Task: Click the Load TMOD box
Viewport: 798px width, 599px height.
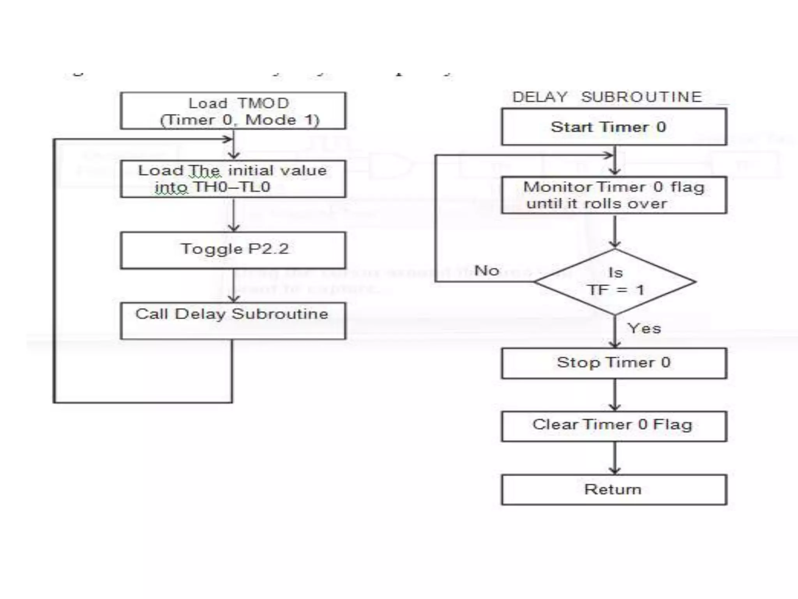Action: pos(233,111)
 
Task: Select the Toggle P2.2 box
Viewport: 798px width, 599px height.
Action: pos(233,250)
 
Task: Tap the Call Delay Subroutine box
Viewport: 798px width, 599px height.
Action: pos(233,321)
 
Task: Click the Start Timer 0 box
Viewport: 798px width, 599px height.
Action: pos(614,127)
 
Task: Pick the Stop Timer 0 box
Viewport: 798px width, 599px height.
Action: pos(614,363)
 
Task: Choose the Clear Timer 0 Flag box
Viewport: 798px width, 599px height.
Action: pos(614,426)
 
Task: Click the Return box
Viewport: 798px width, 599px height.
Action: pos(614,489)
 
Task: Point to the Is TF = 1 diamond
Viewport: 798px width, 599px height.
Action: pos(615,282)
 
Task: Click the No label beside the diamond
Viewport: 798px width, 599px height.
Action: pos(487,270)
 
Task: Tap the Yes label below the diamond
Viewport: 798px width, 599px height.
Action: pos(644,328)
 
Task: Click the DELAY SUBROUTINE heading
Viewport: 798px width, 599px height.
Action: pos(607,97)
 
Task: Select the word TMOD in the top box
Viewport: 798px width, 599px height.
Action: pos(263,103)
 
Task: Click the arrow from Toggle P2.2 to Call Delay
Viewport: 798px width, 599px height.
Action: pos(233,286)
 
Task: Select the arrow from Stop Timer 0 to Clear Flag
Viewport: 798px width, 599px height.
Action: pos(615,395)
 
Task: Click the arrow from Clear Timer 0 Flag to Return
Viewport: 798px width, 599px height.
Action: pos(615,458)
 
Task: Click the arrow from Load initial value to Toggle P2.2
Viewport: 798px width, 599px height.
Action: pos(233,214)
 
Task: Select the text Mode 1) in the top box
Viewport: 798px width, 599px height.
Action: pos(282,120)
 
